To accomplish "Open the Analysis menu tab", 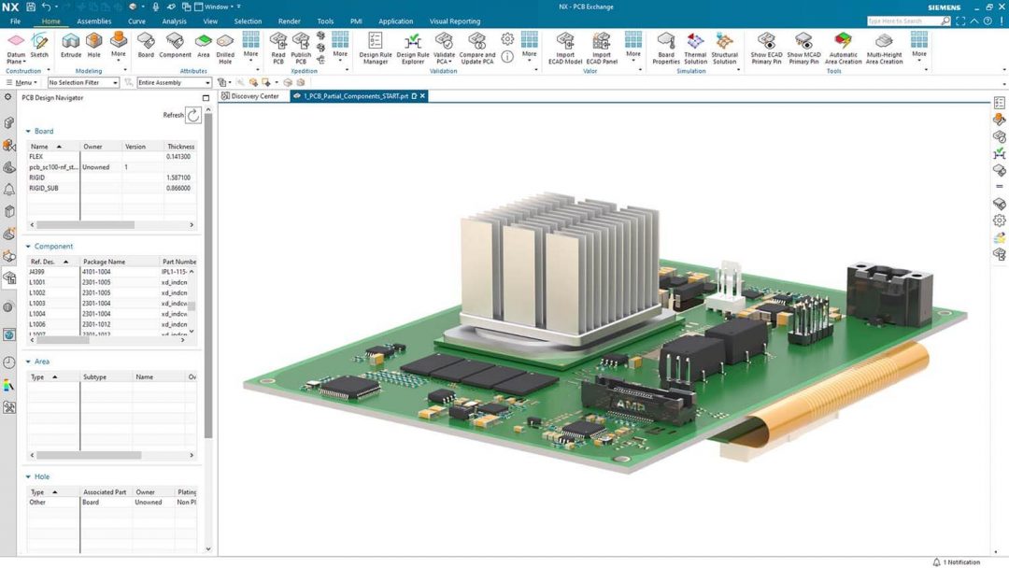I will point(174,21).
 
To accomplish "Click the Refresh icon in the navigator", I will point(193,115).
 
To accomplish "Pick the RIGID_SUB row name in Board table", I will point(44,188).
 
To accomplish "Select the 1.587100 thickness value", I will point(178,177).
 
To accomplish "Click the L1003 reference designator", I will point(37,304).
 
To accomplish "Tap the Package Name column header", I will point(104,262).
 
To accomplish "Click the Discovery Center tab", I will point(254,96).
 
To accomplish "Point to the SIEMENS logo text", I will point(944,7).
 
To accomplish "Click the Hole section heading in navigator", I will point(42,476).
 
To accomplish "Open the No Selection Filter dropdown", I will point(83,82).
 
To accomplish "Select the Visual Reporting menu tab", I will point(455,21).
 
